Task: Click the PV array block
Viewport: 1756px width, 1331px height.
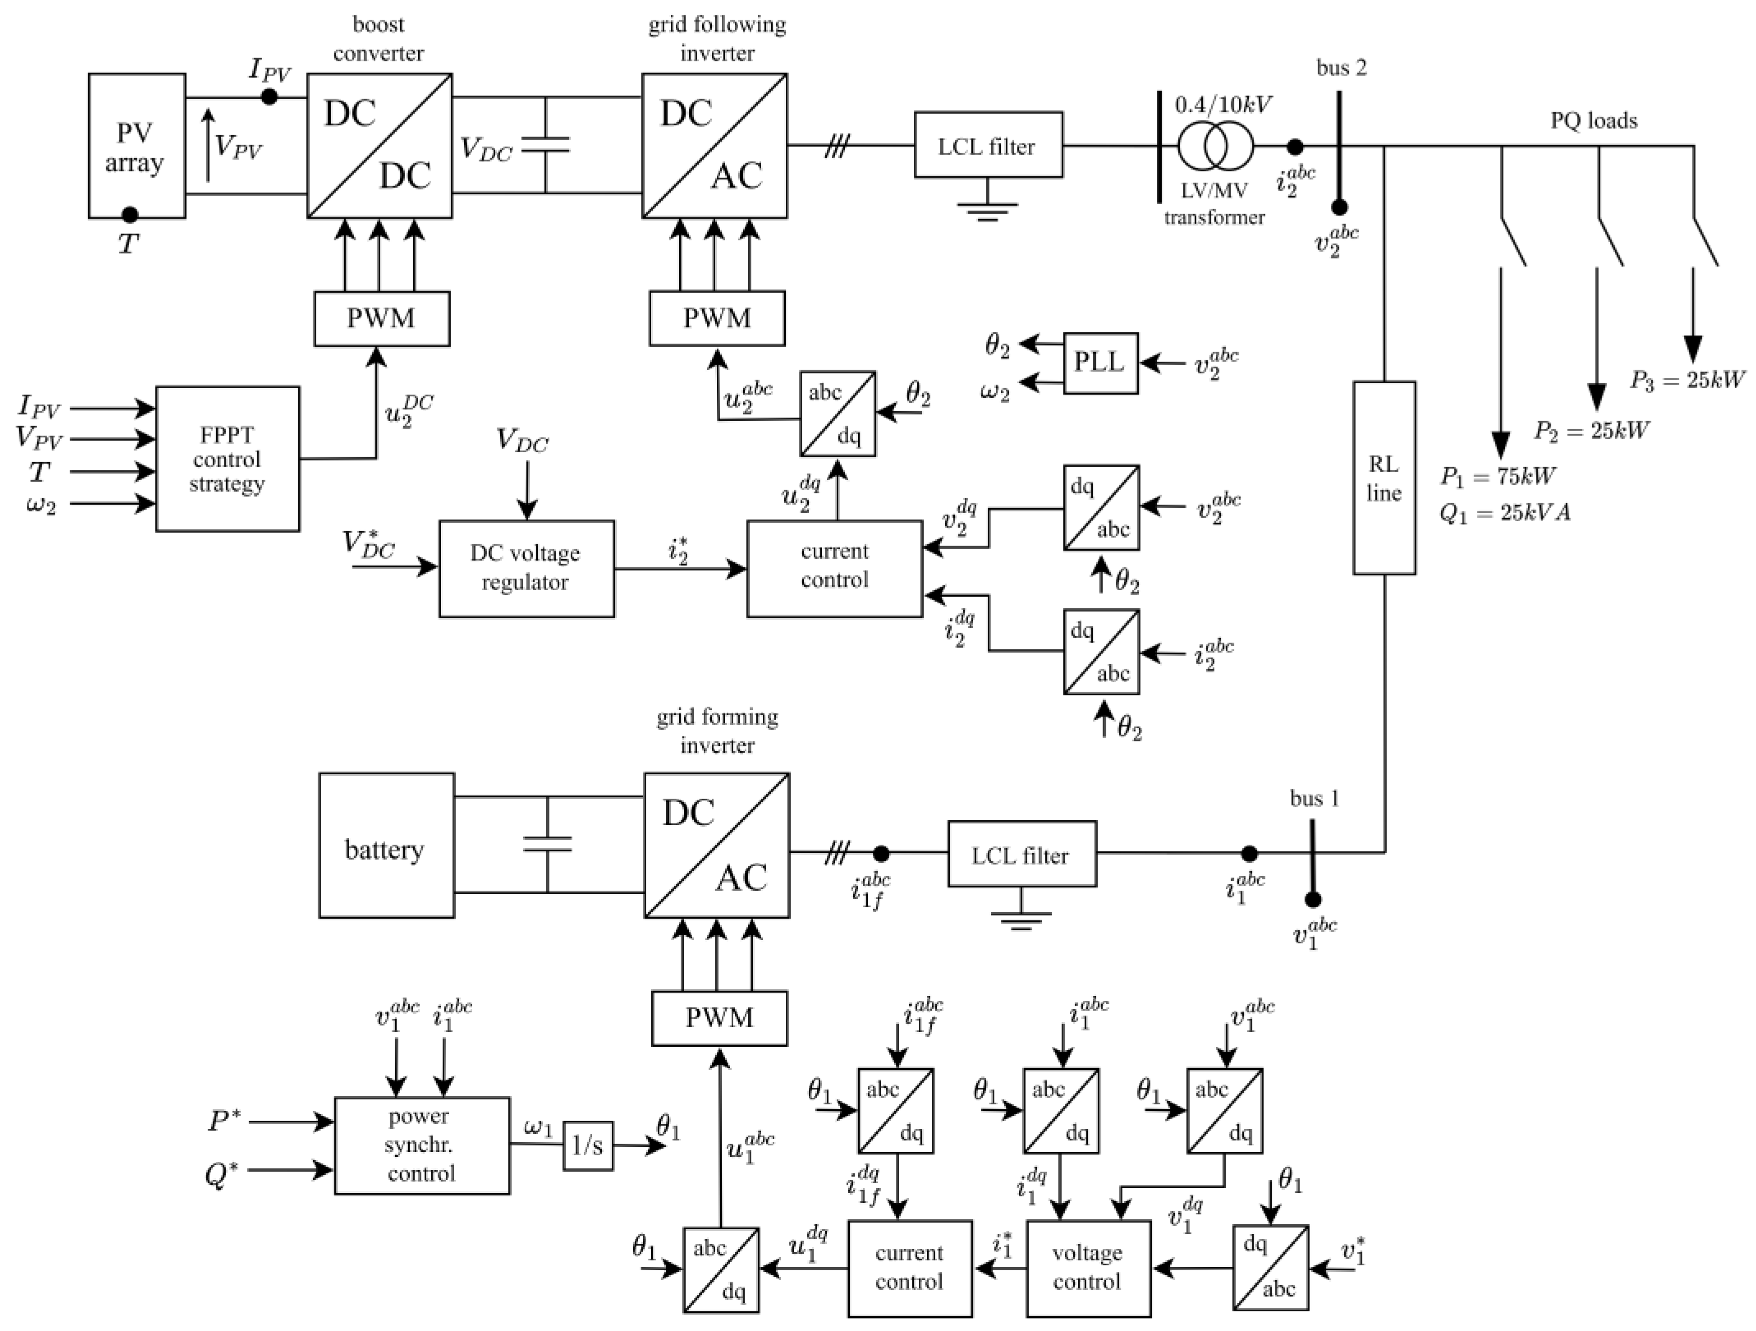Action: (137, 146)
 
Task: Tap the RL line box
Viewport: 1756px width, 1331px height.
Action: (1384, 477)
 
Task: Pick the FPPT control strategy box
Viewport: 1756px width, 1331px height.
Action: (227, 459)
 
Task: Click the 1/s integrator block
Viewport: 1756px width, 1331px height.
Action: (588, 1146)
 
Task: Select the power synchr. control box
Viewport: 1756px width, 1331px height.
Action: (421, 1145)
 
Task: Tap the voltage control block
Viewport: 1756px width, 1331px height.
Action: (1087, 1267)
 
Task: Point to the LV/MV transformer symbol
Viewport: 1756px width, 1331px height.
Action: (1215, 146)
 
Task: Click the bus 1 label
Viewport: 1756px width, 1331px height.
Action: (1314, 798)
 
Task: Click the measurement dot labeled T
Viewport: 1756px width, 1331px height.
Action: (129, 215)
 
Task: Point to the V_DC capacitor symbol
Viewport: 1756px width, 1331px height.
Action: (546, 145)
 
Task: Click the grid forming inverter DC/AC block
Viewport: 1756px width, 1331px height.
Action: (716, 845)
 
